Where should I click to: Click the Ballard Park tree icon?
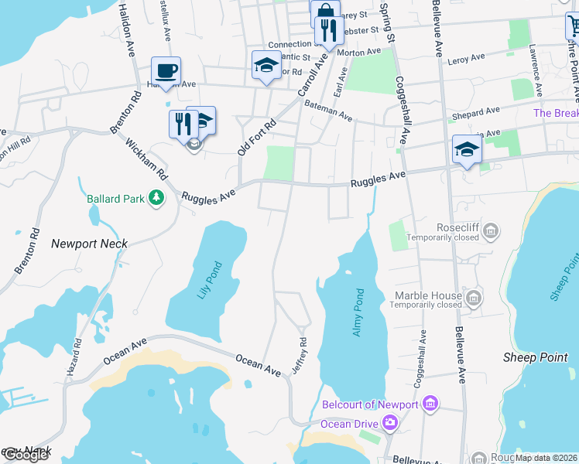(x=157, y=199)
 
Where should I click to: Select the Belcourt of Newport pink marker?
(x=431, y=404)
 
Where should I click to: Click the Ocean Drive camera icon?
(x=389, y=423)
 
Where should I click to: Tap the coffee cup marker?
(x=166, y=70)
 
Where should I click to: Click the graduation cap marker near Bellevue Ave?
(x=467, y=149)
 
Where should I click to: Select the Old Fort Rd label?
(x=257, y=138)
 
